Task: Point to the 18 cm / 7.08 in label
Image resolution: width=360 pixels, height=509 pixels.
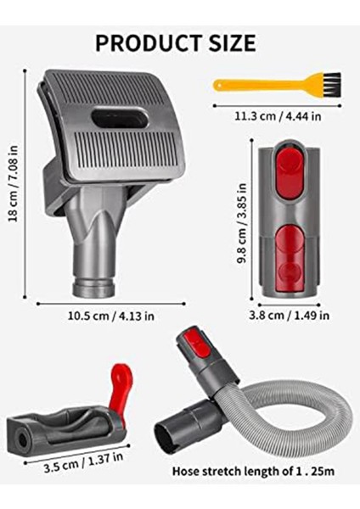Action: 13,185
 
